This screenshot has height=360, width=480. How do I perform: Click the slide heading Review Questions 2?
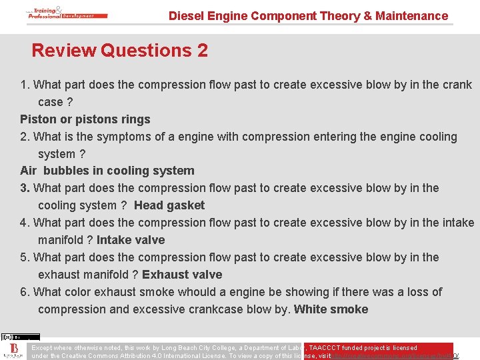[x=119, y=51]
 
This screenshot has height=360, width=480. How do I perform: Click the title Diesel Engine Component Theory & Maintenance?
[x=308, y=15]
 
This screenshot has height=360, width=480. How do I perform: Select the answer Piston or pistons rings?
[x=85, y=119]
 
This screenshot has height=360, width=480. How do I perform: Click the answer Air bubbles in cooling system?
[x=107, y=171]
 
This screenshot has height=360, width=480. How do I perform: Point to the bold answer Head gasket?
[x=169, y=205]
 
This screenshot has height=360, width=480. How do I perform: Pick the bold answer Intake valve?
[x=131, y=240]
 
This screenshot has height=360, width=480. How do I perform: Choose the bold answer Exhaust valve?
[x=182, y=275]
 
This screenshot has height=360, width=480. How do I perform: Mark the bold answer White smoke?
[x=331, y=309]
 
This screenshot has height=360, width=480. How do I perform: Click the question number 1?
[x=25, y=85]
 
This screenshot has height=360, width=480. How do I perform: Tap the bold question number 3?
[x=25, y=188]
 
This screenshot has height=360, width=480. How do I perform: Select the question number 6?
[x=25, y=292]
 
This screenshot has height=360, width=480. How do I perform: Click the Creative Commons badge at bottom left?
[x=21, y=337]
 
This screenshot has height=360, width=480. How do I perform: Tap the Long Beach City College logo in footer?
[x=13, y=351]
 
